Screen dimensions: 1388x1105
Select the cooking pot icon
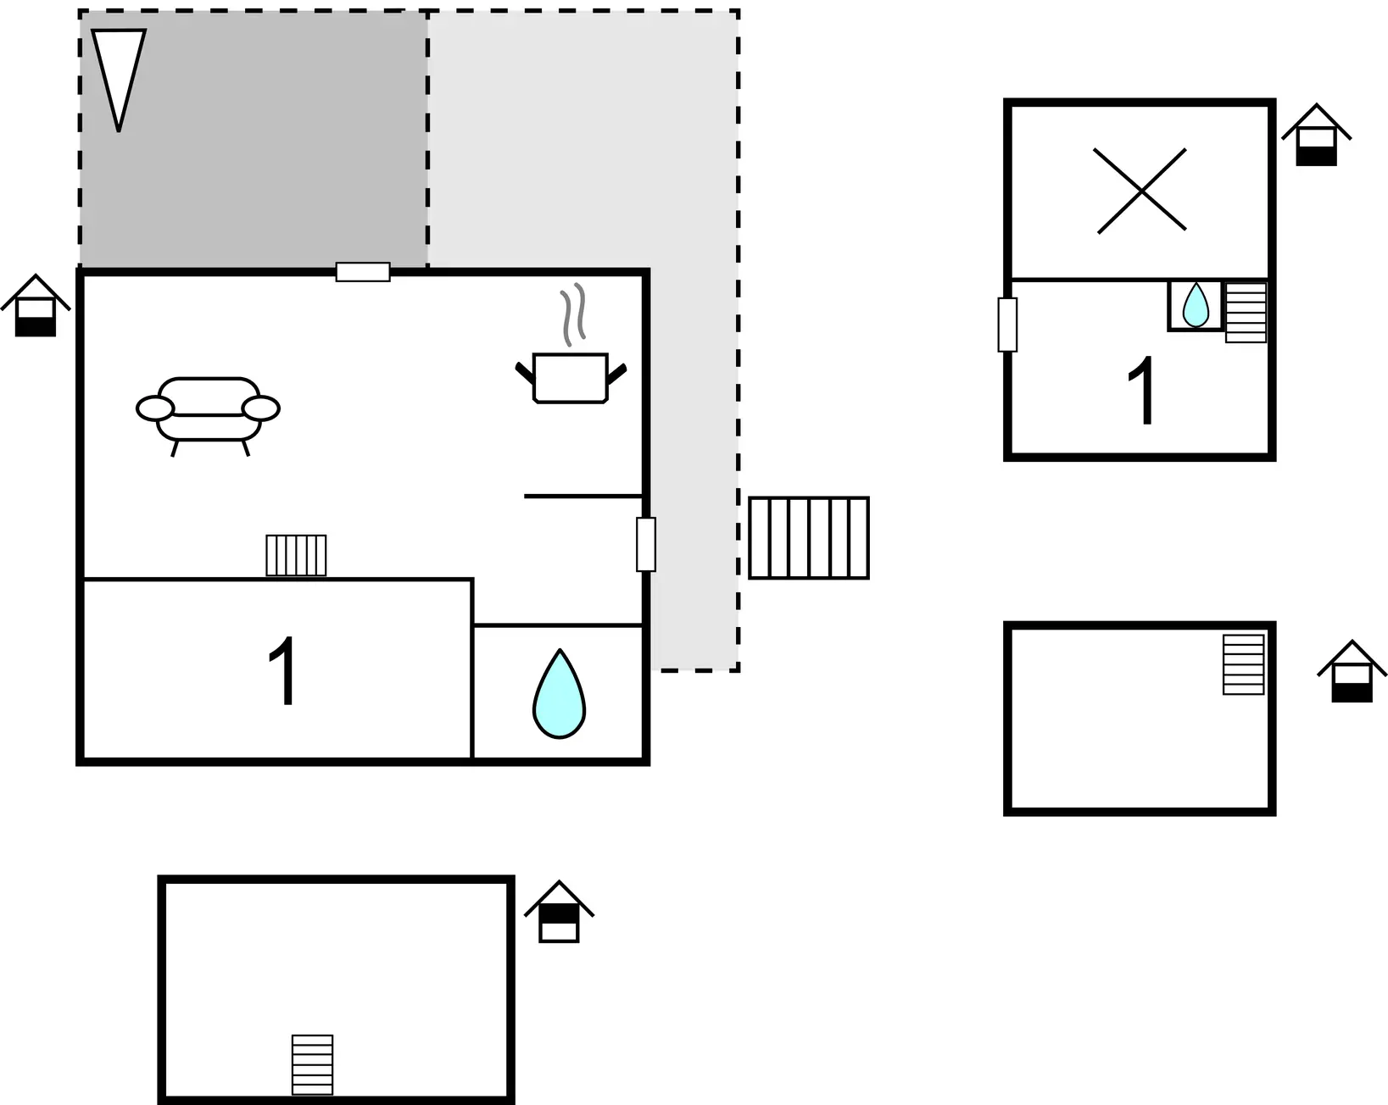point(570,378)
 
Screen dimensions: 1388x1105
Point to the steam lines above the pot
point(572,314)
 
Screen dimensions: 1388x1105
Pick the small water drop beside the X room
point(1196,305)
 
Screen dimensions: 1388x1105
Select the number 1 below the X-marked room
point(1141,390)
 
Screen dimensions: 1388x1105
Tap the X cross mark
point(1141,191)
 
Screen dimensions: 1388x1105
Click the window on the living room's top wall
point(363,272)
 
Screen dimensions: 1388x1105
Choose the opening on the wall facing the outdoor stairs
point(645,544)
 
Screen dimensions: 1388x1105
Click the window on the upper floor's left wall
point(1007,325)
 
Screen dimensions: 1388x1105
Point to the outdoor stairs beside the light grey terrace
point(809,538)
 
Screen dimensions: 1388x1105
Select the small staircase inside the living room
point(296,555)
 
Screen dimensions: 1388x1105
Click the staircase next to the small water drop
point(1246,313)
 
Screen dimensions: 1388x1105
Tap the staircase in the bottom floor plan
point(312,1065)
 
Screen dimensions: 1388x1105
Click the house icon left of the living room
point(36,306)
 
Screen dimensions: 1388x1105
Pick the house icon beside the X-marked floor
point(1317,135)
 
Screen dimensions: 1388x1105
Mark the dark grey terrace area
point(253,139)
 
